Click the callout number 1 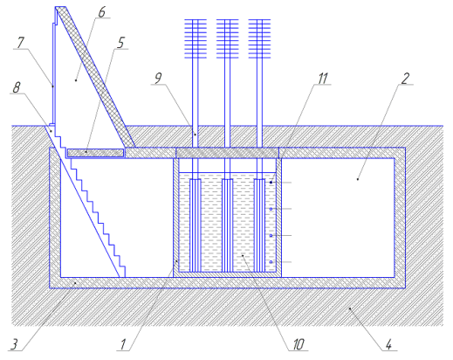click(124, 344)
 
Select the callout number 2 click(405, 78)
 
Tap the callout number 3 click(14, 344)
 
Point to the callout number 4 click(388, 345)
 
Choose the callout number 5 click(120, 43)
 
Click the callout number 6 click(101, 12)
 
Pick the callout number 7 click(20, 43)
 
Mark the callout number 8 click(17, 87)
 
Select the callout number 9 click(158, 78)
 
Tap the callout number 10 click(299, 344)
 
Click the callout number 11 click(322, 78)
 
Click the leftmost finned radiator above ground click(196, 39)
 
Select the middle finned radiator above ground click(228, 39)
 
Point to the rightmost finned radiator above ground click(259, 39)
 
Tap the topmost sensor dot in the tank click(271, 183)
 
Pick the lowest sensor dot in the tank click(271, 262)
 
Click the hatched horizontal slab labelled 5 click(95, 153)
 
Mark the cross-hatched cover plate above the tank click(227, 153)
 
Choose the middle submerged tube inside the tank click(227, 225)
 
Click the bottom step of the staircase click(123, 272)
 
